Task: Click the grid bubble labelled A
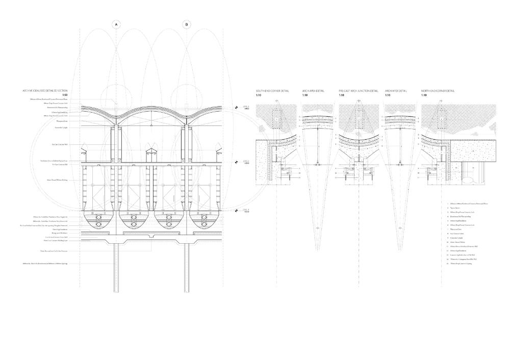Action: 116,24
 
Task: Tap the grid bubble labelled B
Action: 187,24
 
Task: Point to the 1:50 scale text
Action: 65,95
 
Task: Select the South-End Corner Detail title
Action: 272,91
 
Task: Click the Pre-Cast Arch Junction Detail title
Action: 359,91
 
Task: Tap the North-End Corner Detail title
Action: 438,91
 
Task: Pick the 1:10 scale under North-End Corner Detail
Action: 424,95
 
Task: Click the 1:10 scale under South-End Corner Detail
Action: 259,95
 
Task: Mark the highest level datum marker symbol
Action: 236,108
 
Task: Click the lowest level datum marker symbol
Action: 236,210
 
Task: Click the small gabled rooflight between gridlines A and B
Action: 151,151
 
